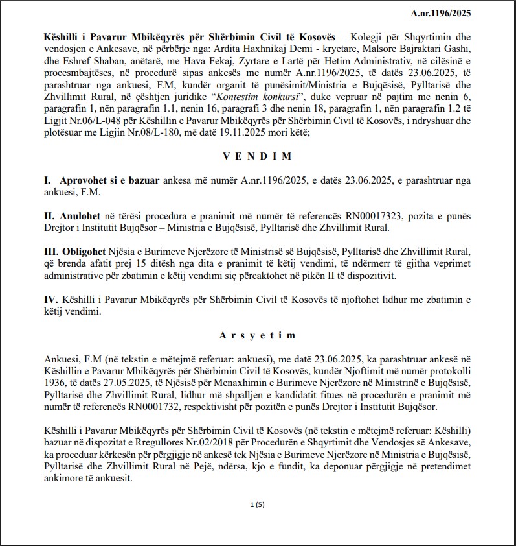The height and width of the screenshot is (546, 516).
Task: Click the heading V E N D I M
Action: tap(258, 156)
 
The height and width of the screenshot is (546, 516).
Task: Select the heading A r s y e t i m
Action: tap(258, 335)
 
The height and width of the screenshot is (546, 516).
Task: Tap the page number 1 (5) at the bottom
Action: tap(258, 504)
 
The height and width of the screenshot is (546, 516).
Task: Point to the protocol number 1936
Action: tap(54, 383)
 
